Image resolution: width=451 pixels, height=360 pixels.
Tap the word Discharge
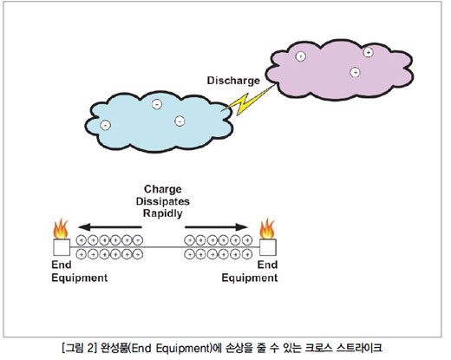point(233,81)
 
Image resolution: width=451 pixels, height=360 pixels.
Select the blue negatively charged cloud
point(159,122)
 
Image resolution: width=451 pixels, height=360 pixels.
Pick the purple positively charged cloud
point(339,69)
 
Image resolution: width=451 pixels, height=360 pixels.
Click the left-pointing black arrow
point(110,227)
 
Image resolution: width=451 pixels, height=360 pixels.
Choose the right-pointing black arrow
point(216,227)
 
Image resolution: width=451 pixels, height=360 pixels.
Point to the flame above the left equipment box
point(61,229)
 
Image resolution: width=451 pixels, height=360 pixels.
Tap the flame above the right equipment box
point(267,228)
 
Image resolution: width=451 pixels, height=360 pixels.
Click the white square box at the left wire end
point(62,247)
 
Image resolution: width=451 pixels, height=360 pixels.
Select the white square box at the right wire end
point(268,247)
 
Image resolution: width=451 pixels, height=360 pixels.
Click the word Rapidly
point(163,213)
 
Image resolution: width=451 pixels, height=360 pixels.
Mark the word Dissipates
point(163,201)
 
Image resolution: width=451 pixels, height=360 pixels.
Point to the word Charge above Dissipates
point(163,189)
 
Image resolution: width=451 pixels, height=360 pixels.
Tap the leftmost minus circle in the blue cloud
point(105,125)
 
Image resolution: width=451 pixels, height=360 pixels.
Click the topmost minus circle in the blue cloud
point(157,104)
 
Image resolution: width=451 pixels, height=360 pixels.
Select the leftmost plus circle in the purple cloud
point(301,56)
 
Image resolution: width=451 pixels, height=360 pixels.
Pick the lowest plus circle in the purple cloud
point(355,72)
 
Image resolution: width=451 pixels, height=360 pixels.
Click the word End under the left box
point(62,265)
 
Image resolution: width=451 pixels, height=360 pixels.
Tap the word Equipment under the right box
point(250,278)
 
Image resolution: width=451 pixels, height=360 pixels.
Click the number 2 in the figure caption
point(90,347)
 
